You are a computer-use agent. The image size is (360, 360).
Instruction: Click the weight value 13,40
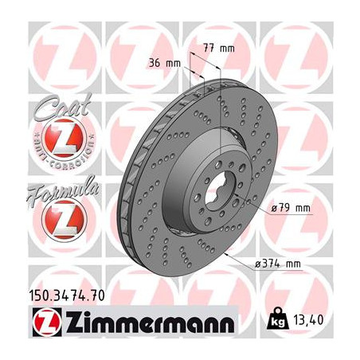pyautogui.click(x=312, y=325)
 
